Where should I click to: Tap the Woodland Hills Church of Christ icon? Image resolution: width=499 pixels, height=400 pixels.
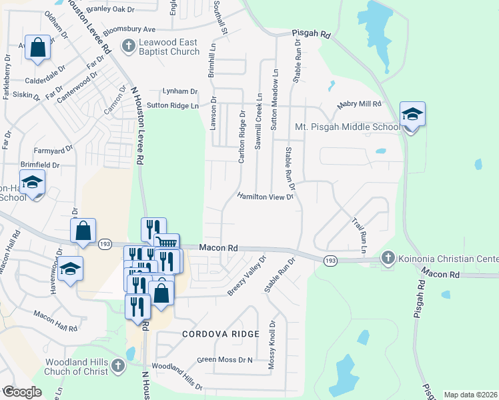(x=118, y=365)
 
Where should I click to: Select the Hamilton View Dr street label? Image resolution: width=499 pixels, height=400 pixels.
(x=266, y=197)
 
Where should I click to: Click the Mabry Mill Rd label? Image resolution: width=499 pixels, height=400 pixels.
(x=358, y=105)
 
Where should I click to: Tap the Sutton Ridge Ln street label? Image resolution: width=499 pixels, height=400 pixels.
(x=173, y=105)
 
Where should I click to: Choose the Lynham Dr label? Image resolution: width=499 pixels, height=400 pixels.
(x=181, y=91)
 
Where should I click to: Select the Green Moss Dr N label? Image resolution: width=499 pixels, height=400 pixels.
(x=225, y=360)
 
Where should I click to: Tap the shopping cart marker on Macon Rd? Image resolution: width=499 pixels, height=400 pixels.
(x=167, y=244)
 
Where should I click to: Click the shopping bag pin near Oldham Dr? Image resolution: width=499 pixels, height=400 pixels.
(x=38, y=47)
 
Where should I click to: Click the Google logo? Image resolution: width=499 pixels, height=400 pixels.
(x=22, y=392)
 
